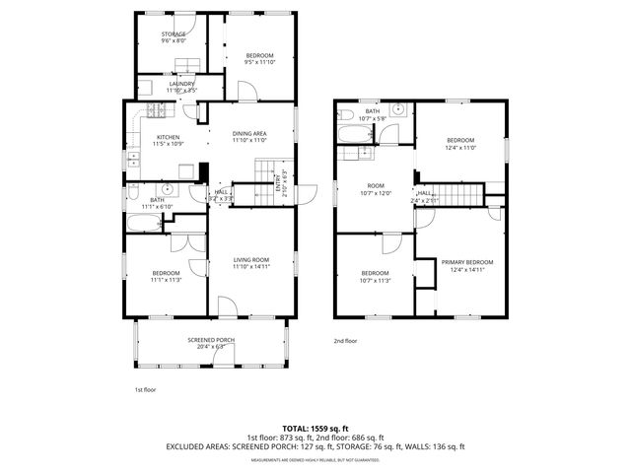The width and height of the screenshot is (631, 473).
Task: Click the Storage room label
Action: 174,35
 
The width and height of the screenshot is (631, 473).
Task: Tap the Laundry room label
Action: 181,85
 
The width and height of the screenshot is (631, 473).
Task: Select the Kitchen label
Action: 168,137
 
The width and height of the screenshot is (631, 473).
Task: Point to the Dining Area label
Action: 249,133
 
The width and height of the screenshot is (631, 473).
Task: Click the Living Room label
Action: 250,259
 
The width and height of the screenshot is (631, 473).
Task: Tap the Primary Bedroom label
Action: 466,261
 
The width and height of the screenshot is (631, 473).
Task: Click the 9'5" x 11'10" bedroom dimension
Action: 259,62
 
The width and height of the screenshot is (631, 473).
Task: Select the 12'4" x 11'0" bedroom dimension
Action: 460,148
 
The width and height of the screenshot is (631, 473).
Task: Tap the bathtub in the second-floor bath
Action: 351,133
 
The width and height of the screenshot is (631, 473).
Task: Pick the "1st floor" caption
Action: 146,390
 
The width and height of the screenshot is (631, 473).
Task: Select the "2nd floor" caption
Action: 345,341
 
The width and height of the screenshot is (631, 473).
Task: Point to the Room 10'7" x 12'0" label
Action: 375,189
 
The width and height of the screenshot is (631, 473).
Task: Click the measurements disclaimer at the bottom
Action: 315,460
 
